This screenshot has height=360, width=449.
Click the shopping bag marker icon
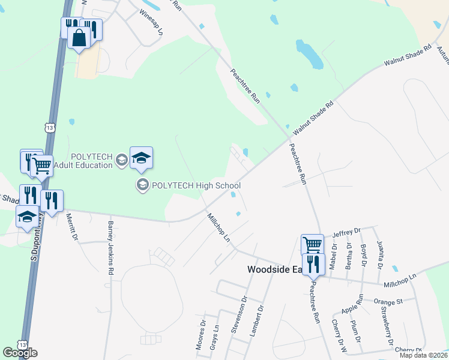click(79, 39)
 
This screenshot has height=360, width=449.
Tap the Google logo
click(19, 353)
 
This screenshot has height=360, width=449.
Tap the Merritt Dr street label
click(71, 227)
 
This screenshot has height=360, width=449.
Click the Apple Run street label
click(353, 304)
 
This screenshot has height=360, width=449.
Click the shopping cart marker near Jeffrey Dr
click(312, 245)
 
